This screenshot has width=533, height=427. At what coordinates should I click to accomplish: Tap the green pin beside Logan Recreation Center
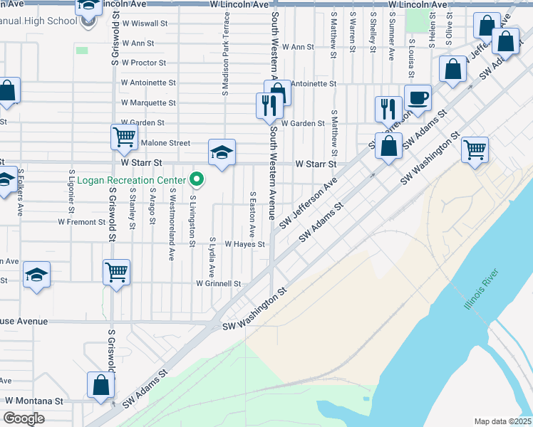(199, 179)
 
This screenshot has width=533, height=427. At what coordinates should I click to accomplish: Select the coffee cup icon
(418, 97)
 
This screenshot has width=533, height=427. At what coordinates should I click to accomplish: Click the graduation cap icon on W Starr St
(222, 152)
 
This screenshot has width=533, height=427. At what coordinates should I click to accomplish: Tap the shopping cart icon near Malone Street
(124, 137)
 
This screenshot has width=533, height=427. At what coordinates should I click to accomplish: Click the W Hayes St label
(244, 244)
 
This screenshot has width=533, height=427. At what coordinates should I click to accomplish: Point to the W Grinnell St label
(219, 283)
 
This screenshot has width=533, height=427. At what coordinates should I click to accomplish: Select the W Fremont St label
(82, 222)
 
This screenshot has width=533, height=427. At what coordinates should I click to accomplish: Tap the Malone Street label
(165, 143)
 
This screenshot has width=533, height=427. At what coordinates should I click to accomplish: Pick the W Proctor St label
(144, 63)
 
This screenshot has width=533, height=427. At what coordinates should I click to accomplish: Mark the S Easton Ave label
(252, 214)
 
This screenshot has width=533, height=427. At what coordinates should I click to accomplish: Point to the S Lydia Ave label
(212, 258)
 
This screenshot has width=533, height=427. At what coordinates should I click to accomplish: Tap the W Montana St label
(33, 401)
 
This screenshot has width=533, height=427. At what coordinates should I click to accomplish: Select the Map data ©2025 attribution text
(503, 421)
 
